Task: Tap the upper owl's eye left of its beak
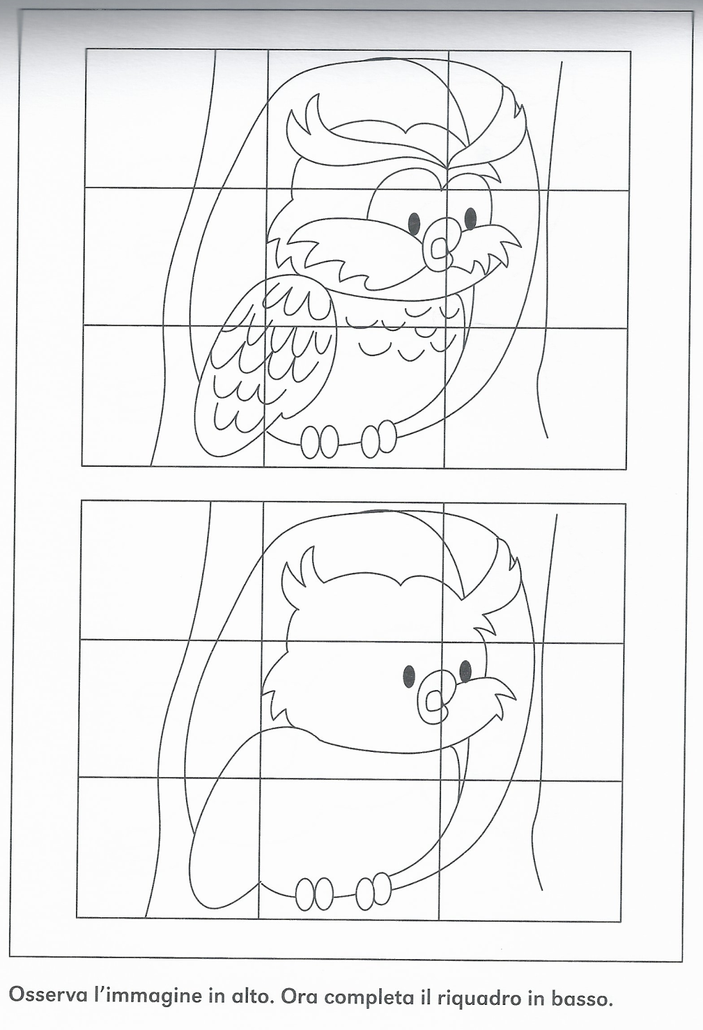414,223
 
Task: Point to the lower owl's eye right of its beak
465,672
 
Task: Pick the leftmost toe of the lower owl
305,894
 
